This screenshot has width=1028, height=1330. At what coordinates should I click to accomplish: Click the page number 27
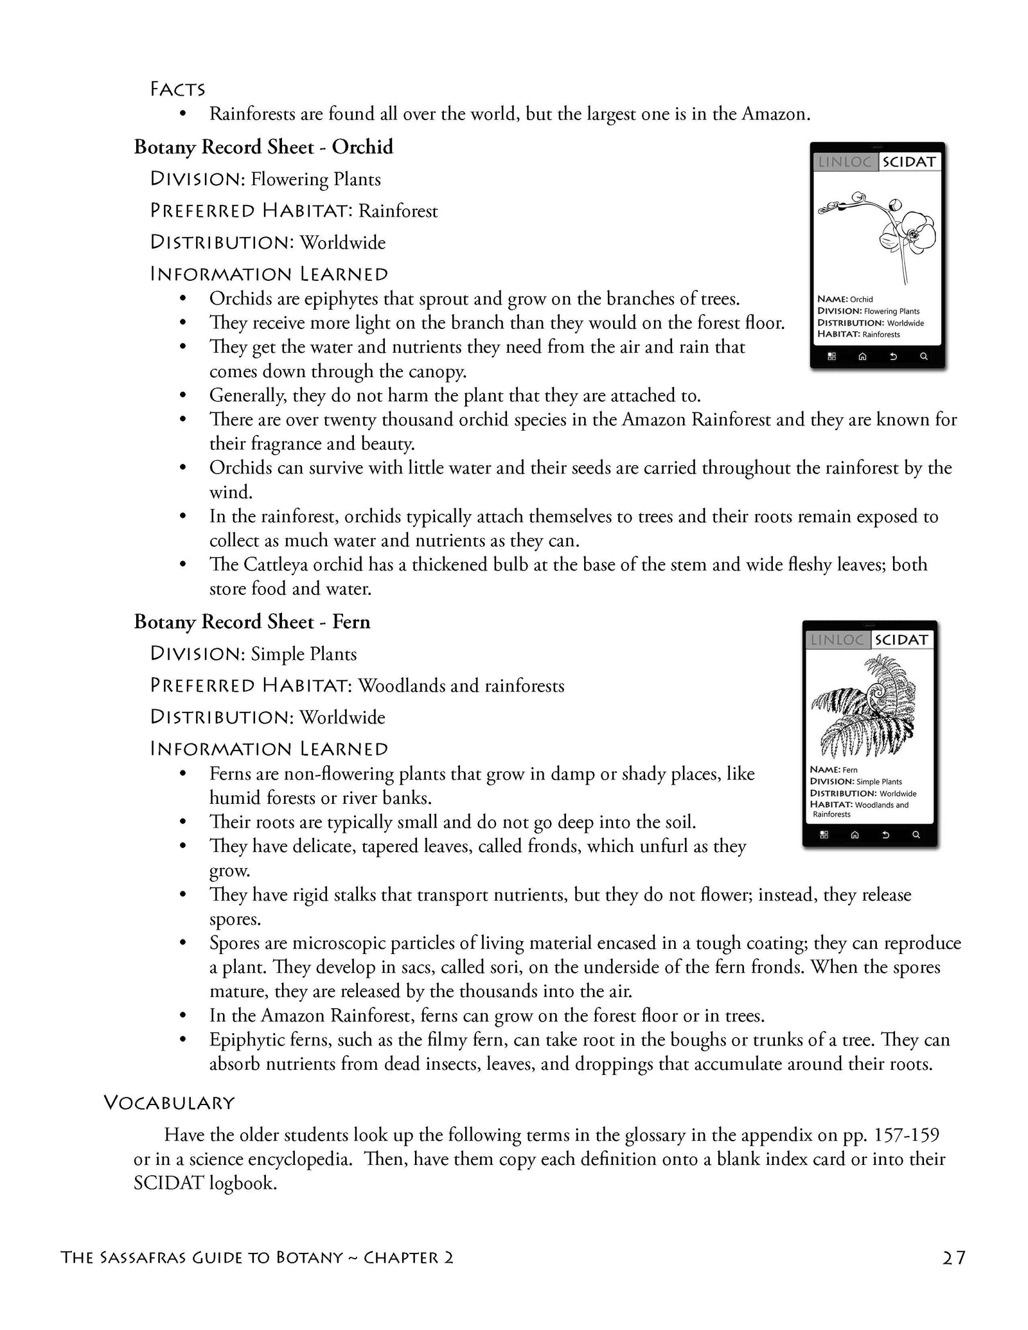(954, 1257)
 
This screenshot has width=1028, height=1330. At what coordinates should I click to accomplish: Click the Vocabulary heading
(169, 1103)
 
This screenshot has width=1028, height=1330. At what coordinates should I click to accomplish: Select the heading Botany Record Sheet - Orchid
(263, 147)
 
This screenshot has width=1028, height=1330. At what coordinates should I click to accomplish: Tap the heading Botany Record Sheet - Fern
(252, 621)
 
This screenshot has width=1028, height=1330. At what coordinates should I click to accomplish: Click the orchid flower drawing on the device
(887, 231)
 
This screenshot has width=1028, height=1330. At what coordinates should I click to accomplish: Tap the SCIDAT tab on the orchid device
(908, 162)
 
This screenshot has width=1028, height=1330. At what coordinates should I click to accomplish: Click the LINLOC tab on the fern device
(837, 640)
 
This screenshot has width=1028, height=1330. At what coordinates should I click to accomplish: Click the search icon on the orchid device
(923, 357)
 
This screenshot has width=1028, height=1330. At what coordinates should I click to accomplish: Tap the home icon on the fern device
(855, 835)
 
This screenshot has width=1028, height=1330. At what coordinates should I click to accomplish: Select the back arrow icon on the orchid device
(892, 357)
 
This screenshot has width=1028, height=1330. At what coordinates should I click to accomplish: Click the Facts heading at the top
(177, 89)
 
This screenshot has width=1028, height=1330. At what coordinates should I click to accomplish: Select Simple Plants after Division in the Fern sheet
(303, 654)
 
